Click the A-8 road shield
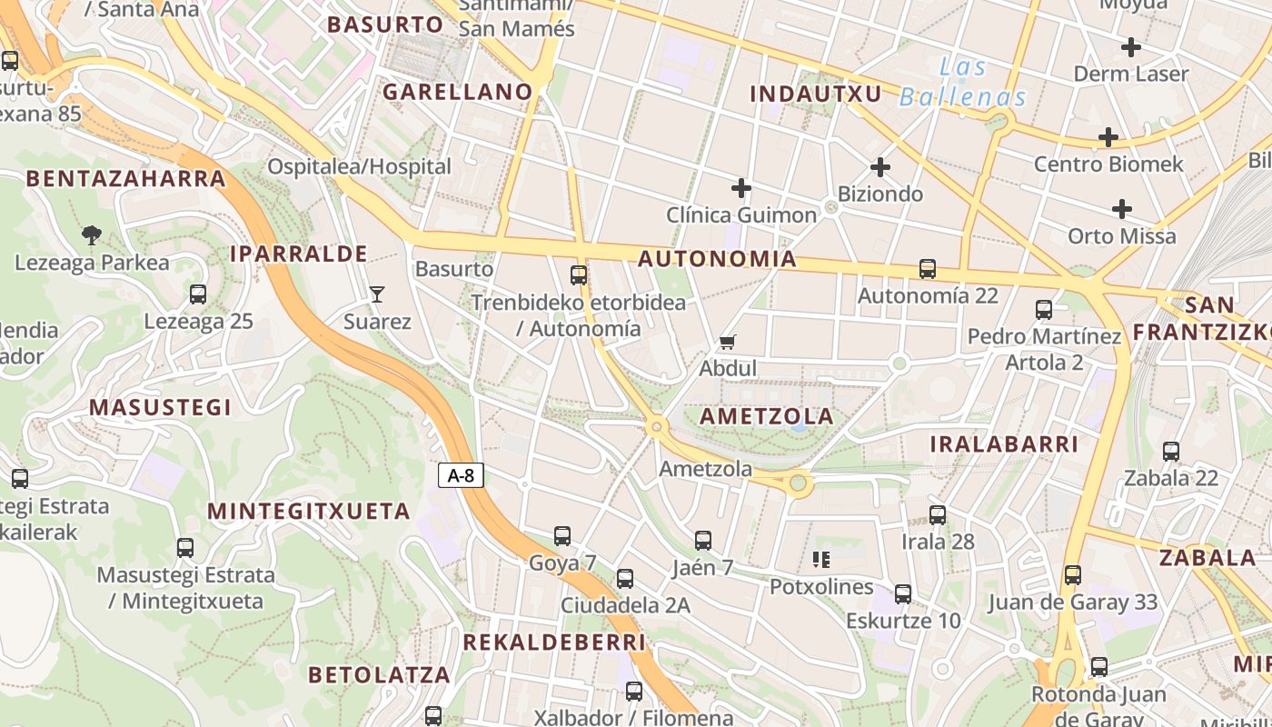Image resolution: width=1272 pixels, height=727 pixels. pos(461,475)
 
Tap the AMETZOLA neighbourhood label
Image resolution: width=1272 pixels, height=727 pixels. pos(767,416)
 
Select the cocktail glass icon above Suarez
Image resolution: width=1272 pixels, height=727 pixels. pos(377,294)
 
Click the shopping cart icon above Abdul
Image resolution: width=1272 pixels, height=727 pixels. pos(727,343)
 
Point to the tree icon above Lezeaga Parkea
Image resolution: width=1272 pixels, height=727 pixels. pos(91,235)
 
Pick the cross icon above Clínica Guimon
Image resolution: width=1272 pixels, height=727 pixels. pos(741,188)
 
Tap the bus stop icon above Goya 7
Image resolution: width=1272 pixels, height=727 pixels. pos(562,536)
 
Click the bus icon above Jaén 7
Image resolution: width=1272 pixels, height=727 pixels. pos(702,541)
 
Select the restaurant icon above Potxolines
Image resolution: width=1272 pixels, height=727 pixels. pos(821,559)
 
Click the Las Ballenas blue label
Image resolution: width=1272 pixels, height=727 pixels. pos(963,82)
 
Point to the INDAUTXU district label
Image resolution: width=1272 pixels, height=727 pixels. pos(815,94)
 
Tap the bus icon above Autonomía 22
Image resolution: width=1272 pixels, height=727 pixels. pos(927,269)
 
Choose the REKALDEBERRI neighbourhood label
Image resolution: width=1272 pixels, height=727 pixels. pos(554,642)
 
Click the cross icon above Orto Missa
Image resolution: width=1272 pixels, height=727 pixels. pos(1122,209)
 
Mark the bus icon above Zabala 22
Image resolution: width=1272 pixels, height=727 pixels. pos(1171,451)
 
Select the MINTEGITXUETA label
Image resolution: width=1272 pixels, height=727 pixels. pos(310,511)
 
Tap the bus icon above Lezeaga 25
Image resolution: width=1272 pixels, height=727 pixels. pos(198,294)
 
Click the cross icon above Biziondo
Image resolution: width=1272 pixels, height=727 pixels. pos(879,167)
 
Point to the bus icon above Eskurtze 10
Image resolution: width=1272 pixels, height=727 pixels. pos(903,594)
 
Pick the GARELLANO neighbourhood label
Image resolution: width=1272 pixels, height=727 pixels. pos(457,92)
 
